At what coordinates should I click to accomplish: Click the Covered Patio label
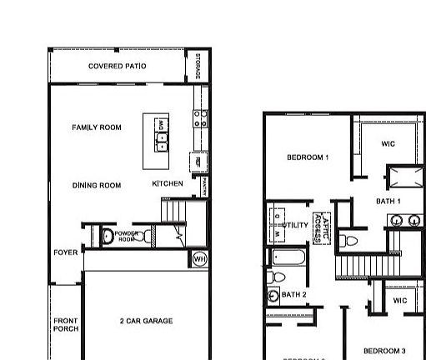click(x=118, y=66)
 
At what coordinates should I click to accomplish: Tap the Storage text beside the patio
click(x=198, y=67)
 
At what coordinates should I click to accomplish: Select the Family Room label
click(x=97, y=127)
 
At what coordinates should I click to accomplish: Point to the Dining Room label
click(x=97, y=185)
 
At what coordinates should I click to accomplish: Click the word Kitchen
click(x=168, y=183)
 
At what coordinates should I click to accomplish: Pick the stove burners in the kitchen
click(x=200, y=119)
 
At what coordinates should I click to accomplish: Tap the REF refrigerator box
click(x=198, y=161)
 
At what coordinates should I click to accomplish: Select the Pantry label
click(x=204, y=186)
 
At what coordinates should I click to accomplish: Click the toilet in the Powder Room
click(x=108, y=237)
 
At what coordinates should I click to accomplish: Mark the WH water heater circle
click(x=199, y=259)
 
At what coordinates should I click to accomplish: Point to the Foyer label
click(x=66, y=252)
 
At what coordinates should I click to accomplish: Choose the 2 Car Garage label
click(x=146, y=321)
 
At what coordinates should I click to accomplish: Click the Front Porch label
click(x=66, y=324)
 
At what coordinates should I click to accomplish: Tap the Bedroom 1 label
click(x=308, y=157)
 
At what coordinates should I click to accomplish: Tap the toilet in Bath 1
click(x=350, y=241)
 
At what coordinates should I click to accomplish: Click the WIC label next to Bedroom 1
click(x=388, y=144)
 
